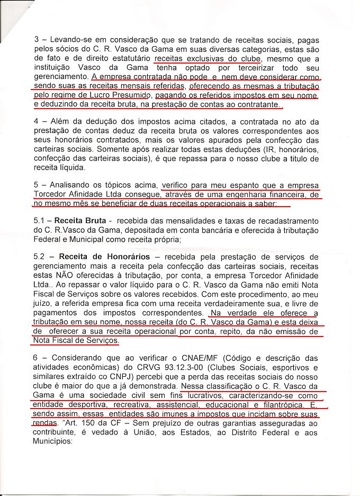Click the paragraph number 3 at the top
coord(35,39)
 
